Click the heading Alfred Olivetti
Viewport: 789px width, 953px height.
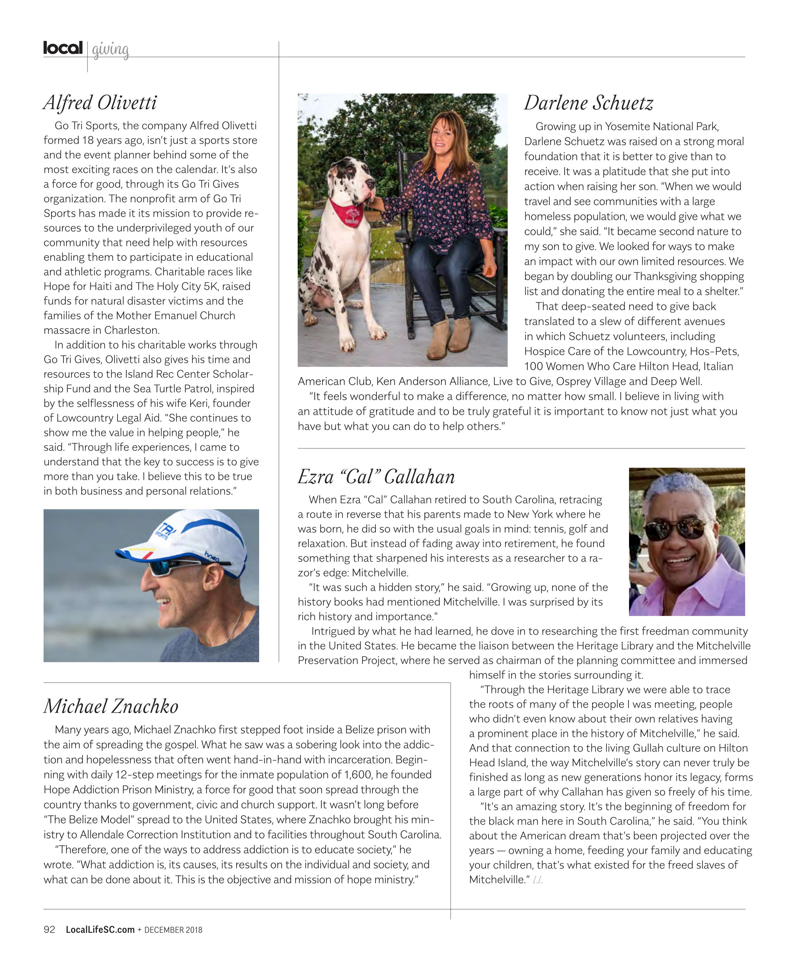click(x=100, y=103)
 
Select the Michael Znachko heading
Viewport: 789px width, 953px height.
click(x=111, y=706)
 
